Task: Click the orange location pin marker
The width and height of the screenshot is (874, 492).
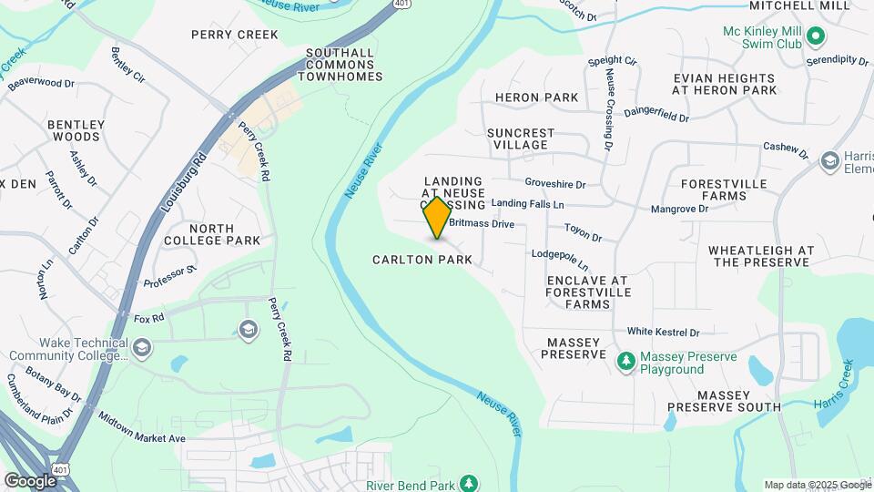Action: pyautogui.click(x=438, y=218)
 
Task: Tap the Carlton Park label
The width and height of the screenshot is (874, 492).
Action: pyautogui.click(x=422, y=260)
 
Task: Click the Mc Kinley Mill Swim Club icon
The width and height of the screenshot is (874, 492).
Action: pyautogui.click(x=816, y=36)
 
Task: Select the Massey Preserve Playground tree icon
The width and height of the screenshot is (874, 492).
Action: pyautogui.click(x=625, y=362)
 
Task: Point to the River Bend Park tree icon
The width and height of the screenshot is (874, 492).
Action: pyautogui.click(x=468, y=482)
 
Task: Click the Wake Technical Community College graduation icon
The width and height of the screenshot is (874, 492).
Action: pyautogui.click(x=142, y=347)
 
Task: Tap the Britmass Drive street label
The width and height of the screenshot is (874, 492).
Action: pyautogui.click(x=482, y=223)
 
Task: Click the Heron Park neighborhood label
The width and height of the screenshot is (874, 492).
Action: pyautogui.click(x=537, y=97)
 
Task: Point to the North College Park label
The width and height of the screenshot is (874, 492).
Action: pyautogui.click(x=212, y=234)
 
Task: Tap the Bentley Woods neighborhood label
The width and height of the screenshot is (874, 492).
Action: pyautogui.click(x=76, y=130)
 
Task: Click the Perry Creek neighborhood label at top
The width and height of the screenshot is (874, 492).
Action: pyautogui.click(x=234, y=35)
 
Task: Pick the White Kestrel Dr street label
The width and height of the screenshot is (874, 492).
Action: pyautogui.click(x=663, y=333)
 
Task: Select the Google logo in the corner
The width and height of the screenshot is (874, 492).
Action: pyautogui.click(x=30, y=480)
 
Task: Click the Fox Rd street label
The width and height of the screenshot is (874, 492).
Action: pyautogui.click(x=148, y=318)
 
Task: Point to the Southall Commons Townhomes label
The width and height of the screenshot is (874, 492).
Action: pyautogui.click(x=340, y=65)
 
